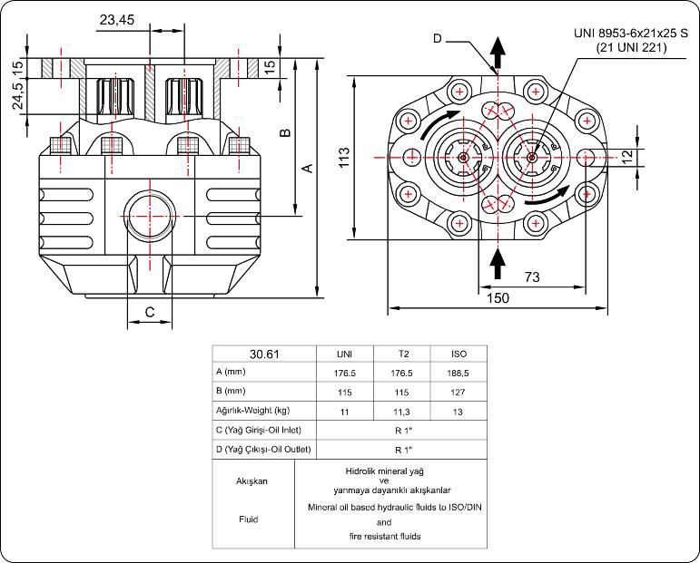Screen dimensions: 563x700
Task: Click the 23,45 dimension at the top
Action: tap(120, 18)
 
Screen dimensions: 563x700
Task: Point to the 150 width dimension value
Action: tap(498, 296)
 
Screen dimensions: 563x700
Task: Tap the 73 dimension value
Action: tap(532, 275)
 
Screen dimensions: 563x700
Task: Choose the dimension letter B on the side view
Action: tap(284, 132)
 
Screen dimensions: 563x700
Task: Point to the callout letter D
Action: tap(437, 38)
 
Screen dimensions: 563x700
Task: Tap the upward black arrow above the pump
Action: tap(497, 52)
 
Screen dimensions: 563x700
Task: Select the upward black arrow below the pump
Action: tap(497, 263)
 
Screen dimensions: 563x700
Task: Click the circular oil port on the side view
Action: tap(148, 215)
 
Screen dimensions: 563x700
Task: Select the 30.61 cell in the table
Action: tap(263, 354)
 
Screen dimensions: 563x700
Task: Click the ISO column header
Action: tap(459, 354)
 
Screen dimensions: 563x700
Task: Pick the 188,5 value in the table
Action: tap(459, 373)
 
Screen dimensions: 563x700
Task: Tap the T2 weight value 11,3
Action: tap(406, 411)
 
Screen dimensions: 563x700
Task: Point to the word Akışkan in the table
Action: tap(253, 481)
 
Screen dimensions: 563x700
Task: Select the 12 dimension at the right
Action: tap(626, 156)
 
